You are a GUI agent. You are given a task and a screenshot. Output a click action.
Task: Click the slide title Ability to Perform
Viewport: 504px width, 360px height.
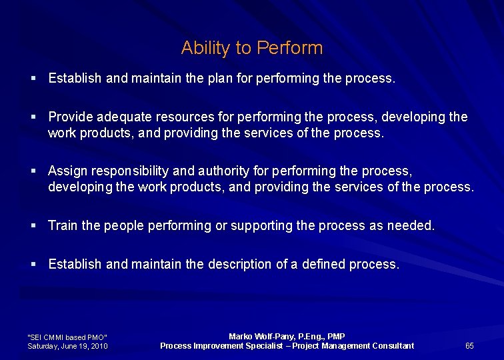click(x=251, y=48)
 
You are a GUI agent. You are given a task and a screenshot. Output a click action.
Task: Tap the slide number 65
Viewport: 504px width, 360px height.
click(x=469, y=345)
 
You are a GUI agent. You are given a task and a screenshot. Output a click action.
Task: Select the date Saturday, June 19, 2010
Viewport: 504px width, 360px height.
click(x=67, y=346)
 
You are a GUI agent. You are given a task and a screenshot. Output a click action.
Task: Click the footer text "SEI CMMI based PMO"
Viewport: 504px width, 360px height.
click(x=67, y=337)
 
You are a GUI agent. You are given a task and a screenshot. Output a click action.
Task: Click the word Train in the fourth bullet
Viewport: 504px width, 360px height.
click(x=63, y=226)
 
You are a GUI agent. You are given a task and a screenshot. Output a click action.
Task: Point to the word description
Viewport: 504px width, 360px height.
click(x=239, y=265)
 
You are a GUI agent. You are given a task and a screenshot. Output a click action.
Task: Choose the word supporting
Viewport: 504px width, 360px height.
click(x=261, y=226)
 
